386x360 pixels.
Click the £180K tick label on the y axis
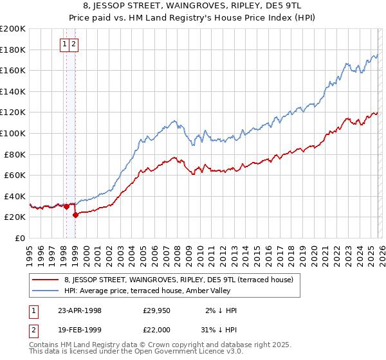pyautogui.click(x=13, y=50)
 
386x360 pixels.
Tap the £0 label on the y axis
pyautogui.click(x=21, y=238)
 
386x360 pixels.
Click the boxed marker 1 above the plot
pyautogui.click(x=66, y=44)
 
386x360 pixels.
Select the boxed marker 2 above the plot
pyautogui.click(x=74, y=44)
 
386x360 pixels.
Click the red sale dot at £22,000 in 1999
pyautogui.click(x=76, y=215)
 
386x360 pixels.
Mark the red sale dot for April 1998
pyautogui.click(x=67, y=206)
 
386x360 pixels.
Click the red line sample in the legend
pyautogui.click(x=46, y=280)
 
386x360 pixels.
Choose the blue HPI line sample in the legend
pyautogui.click(x=46, y=291)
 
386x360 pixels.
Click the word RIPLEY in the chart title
pyautogui.click(x=228, y=5)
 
